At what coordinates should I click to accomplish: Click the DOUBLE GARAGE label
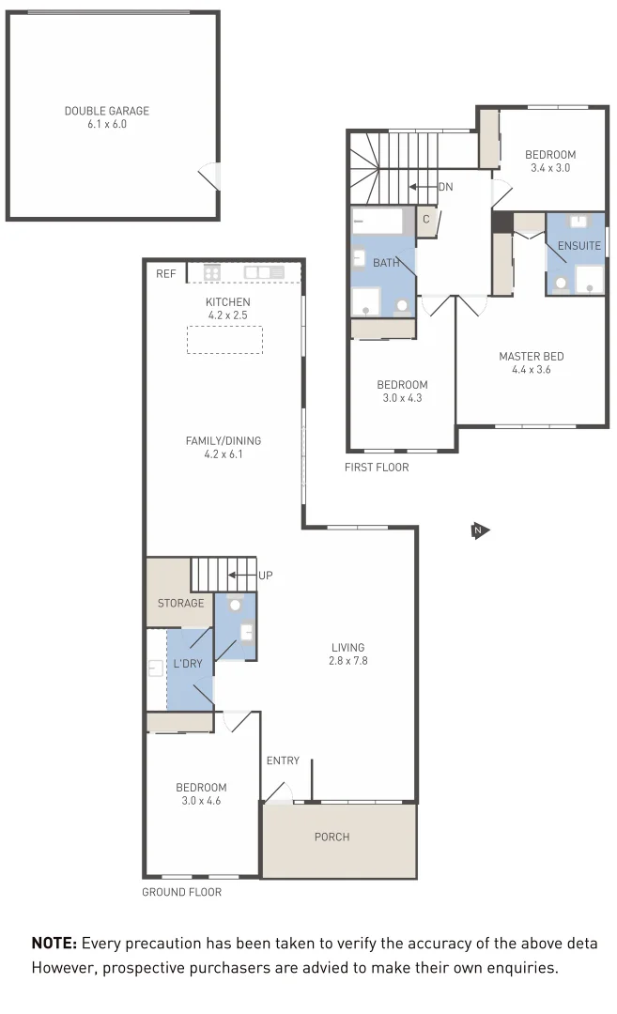(106, 111)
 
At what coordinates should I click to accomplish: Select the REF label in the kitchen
(165, 274)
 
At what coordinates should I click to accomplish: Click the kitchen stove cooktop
(212, 273)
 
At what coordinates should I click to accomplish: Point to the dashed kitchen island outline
(224, 339)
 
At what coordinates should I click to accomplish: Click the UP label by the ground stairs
(266, 575)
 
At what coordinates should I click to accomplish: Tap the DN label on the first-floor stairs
(445, 187)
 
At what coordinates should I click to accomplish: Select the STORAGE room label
(180, 603)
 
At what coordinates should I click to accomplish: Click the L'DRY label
(188, 665)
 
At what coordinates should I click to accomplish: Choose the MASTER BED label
(531, 357)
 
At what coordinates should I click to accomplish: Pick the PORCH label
(332, 837)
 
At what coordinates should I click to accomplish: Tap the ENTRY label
(283, 760)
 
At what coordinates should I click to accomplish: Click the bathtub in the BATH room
(381, 223)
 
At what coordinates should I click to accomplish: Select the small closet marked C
(425, 220)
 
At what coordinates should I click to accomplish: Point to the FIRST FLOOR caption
(377, 467)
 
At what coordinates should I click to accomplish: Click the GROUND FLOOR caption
(181, 892)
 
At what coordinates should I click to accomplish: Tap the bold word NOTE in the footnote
(54, 944)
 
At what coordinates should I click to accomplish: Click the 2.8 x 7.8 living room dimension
(347, 661)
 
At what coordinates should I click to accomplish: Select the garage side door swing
(210, 176)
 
